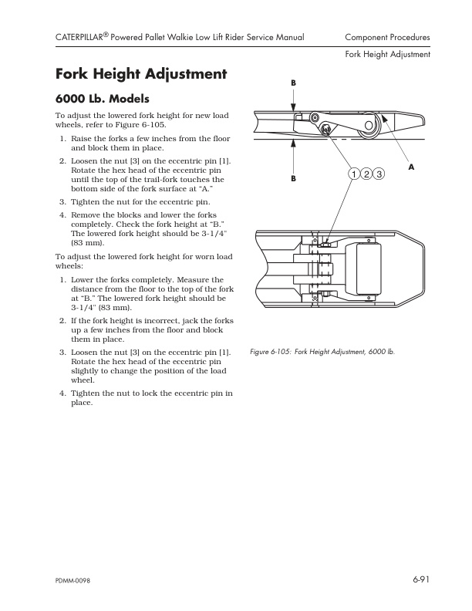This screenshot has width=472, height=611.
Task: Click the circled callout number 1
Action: coord(353,174)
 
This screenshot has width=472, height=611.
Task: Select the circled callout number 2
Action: coord(366,174)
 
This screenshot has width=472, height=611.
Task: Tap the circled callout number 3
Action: coord(379,174)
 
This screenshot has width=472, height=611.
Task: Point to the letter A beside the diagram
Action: coord(410,167)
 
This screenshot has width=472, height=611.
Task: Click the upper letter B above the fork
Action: coord(293,83)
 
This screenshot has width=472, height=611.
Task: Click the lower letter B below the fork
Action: coord(293,179)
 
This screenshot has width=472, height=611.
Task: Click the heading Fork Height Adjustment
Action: coord(141,75)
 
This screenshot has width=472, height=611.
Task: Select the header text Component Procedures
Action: coord(387,37)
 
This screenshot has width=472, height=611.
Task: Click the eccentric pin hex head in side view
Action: coord(326,129)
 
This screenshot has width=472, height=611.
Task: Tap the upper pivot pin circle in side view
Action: coord(315,117)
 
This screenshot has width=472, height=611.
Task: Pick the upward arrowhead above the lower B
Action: coord(293,143)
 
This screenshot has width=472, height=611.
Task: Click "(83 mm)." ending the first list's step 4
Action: coord(87,242)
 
